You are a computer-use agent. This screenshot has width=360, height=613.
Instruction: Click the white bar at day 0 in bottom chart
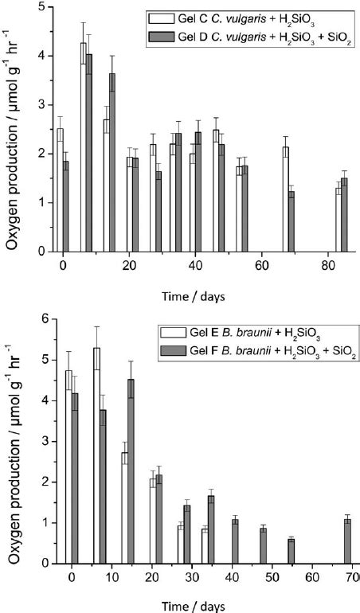tap(68, 467)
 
